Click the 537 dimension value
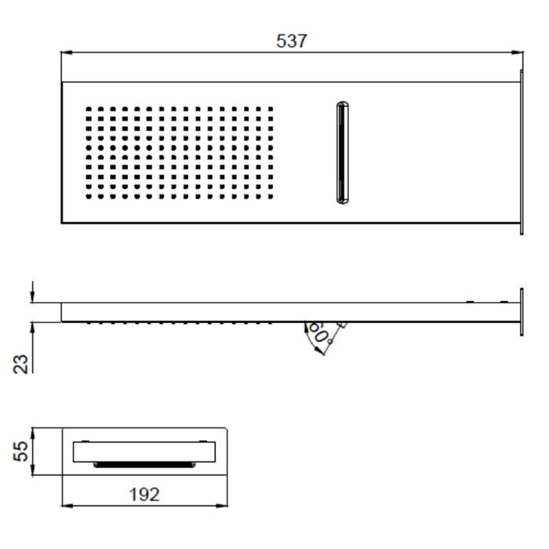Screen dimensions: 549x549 click(x=292, y=41)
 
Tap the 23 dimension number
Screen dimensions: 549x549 click(x=21, y=364)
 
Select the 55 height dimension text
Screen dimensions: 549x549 click(x=21, y=451)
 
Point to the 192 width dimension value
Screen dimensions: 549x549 click(x=144, y=494)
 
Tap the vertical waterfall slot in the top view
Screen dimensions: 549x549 click(x=343, y=153)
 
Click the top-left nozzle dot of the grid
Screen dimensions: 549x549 click(x=89, y=109)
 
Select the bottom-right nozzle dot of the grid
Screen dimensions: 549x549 click(x=271, y=196)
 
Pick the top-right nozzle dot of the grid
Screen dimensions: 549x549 click(x=271, y=109)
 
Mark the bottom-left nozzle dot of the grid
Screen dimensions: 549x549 click(x=89, y=196)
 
